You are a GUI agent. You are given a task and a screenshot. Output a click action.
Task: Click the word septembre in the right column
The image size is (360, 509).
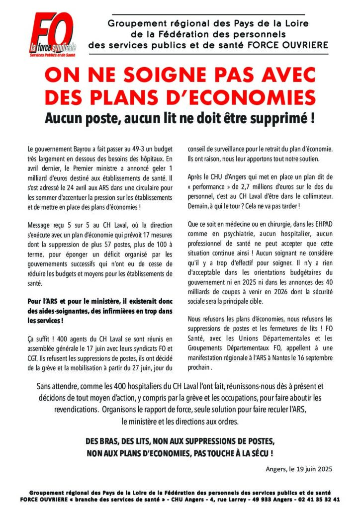[316, 358]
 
